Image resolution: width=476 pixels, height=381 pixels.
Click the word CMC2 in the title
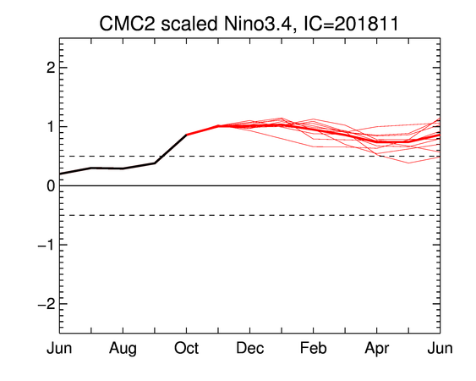click(127, 24)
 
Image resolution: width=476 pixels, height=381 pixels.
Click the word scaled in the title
click(189, 24)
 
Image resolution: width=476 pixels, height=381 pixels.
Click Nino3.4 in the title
click(260, 24)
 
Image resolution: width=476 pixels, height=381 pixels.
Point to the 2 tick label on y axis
click(51, 68)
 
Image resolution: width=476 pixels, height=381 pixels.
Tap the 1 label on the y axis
click(52, 126)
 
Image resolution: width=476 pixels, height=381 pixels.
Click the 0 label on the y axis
click(51, 185)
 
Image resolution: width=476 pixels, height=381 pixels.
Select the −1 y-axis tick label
click(47, 245)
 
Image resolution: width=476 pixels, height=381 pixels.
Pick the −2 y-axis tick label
click(47, 304)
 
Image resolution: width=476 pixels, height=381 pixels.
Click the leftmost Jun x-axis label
click(59, 348)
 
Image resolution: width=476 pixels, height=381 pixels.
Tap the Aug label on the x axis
click(123, 349)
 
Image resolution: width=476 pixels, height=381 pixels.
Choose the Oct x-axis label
click(186, 348)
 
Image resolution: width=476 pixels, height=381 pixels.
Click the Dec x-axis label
click(250, 348)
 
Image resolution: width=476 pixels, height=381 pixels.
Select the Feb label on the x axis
click(314, 348)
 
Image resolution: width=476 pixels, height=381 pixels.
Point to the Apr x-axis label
click(377, 349)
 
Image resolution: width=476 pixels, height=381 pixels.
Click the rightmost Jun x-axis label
click(440, 348)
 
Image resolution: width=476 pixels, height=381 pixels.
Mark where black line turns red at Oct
click(186, 135)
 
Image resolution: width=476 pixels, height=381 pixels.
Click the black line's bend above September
click(155, 163)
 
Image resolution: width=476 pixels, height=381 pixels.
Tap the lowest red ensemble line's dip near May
click(408, 163)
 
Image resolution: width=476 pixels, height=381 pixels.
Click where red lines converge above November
click(218, 125)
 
